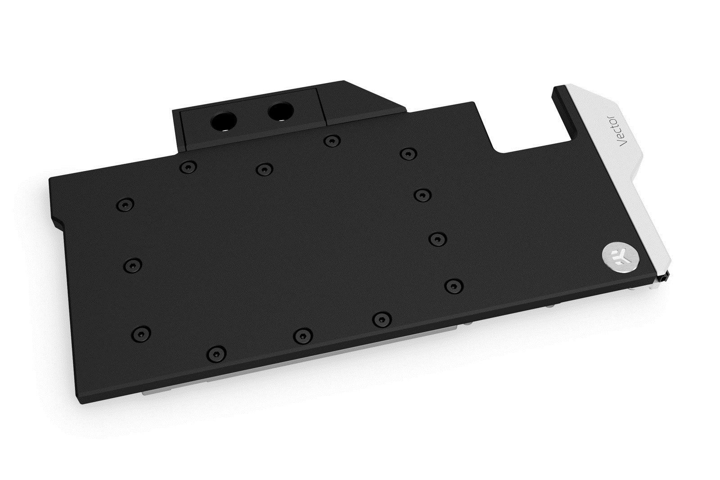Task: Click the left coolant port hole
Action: pyautogui.click(x=224, y=120)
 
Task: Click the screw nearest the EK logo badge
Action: pyautogui.click(x=454, y=285)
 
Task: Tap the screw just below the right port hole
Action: pyautogui.click(x=331, y=141)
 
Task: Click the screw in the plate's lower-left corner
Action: pyautogui.click(x=141, y=333)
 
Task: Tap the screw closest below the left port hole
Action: pyautogui.click(x=187, y=167)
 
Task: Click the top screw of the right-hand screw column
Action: pyautogui.click(x=407, y=154)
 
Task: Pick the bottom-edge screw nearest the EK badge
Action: pyautogui.click(x=382, y=319)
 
